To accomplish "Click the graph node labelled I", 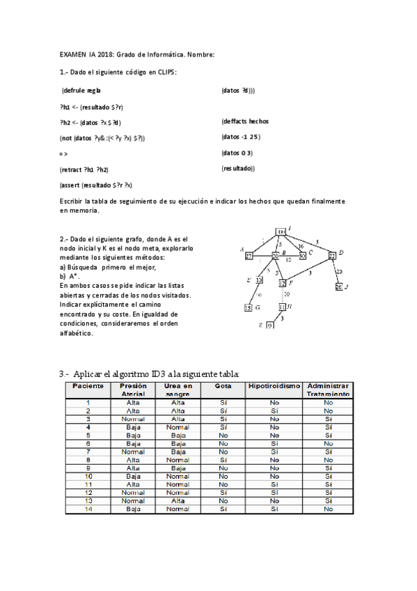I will point(280,231).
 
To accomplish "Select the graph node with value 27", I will point(249,256).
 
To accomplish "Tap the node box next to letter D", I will point(332,256).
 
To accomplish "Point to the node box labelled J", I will point(339,286).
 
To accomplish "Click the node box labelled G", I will point(248,307).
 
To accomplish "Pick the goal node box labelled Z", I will point(270,325).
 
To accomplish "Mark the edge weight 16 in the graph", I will point(300,246).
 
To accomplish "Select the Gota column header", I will point(222,385).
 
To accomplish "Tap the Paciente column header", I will point(88,385).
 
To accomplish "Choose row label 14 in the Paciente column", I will point(88,509).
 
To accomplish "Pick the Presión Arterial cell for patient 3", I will point(132,418).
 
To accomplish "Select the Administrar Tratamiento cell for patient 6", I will point(328,443).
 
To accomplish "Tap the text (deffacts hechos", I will point(245,121).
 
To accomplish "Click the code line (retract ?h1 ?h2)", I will point(84,169).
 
